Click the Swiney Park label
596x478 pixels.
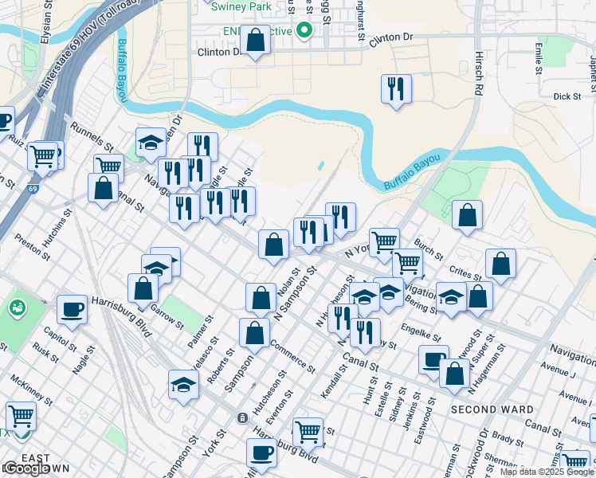coord(242,6)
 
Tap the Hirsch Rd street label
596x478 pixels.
coord(480,81)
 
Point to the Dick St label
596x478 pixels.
coord(567,96)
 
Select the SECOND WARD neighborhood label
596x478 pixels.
coord(492,409)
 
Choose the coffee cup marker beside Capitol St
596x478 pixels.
coord(72,308)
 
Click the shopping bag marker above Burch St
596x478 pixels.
coord(468,215)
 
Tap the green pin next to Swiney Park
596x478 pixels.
coord(304,30)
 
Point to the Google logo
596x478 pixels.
coord(26,468)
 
